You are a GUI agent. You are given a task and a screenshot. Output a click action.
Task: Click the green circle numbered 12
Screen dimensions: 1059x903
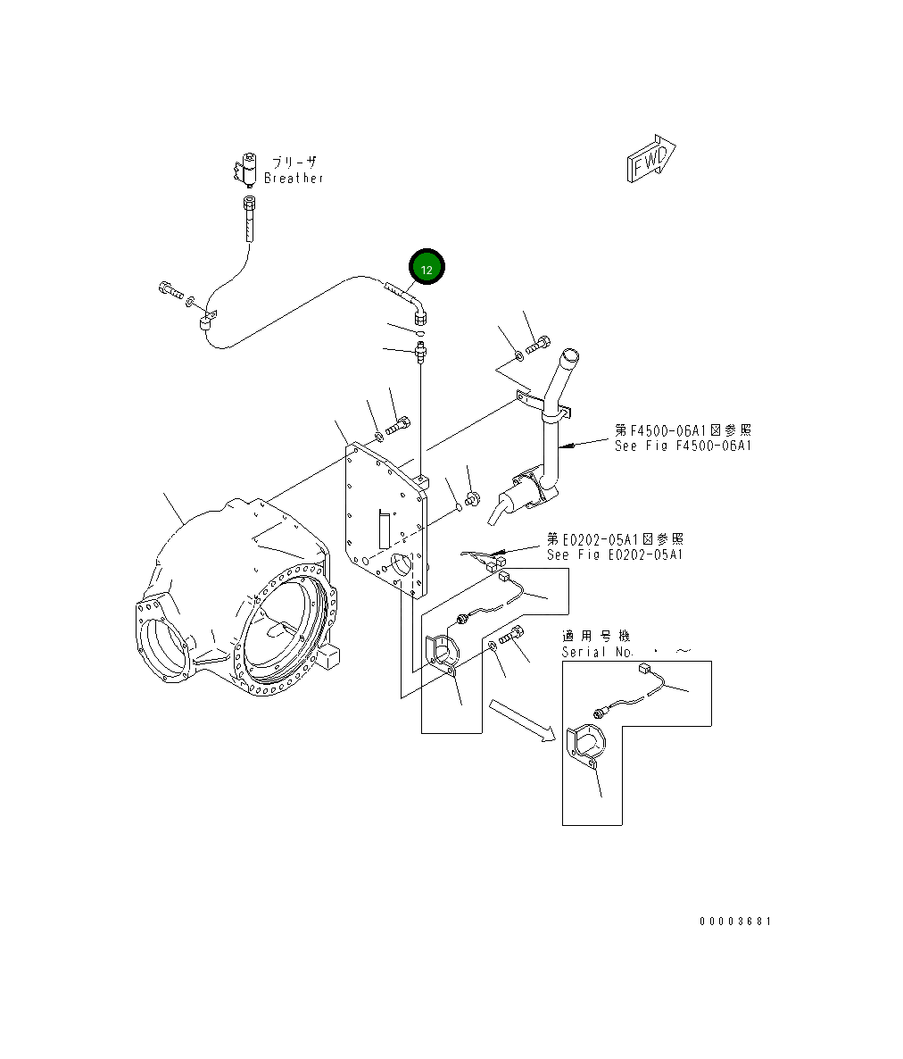[x=427, y=268]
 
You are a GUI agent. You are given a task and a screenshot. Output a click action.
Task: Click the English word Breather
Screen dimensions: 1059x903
[x=294, y=178]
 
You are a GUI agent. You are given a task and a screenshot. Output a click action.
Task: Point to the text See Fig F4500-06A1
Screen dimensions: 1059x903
[x=683, y=446]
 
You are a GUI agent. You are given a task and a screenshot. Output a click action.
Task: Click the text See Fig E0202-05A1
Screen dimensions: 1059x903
[x=615, y=555]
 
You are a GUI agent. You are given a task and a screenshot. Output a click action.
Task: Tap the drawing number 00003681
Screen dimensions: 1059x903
[x=735, y=921]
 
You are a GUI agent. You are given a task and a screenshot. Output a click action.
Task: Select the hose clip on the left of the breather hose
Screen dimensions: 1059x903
[x=209, y=320]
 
